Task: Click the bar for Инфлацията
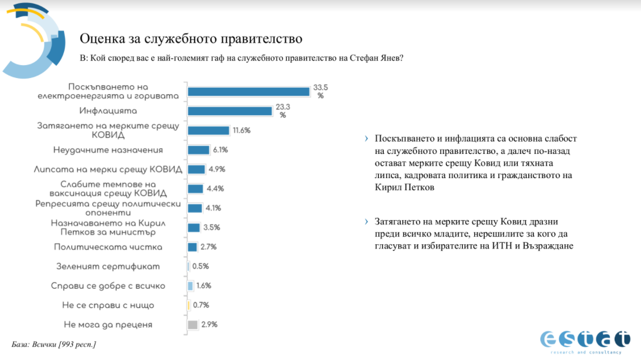click(230, 111)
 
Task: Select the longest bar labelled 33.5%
click(249, 91)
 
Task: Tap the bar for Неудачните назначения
click(199, 150)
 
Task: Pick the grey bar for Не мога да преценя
click(192, 324)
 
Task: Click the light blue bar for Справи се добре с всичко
click(190, 286)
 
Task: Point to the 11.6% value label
click(241, 131)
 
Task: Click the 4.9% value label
click(216, 170)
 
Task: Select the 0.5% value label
click(200, 266)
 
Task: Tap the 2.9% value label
click(209, 324)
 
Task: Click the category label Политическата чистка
click(108, 247)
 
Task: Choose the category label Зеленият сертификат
click(108, 266)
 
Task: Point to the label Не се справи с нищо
click(108, 305)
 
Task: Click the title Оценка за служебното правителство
click(191, 39)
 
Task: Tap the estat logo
click(585, 340)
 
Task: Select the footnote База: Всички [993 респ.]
click(54, 344)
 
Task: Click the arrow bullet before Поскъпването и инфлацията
click(367, 139)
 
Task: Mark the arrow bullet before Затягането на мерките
click(367, 222)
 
